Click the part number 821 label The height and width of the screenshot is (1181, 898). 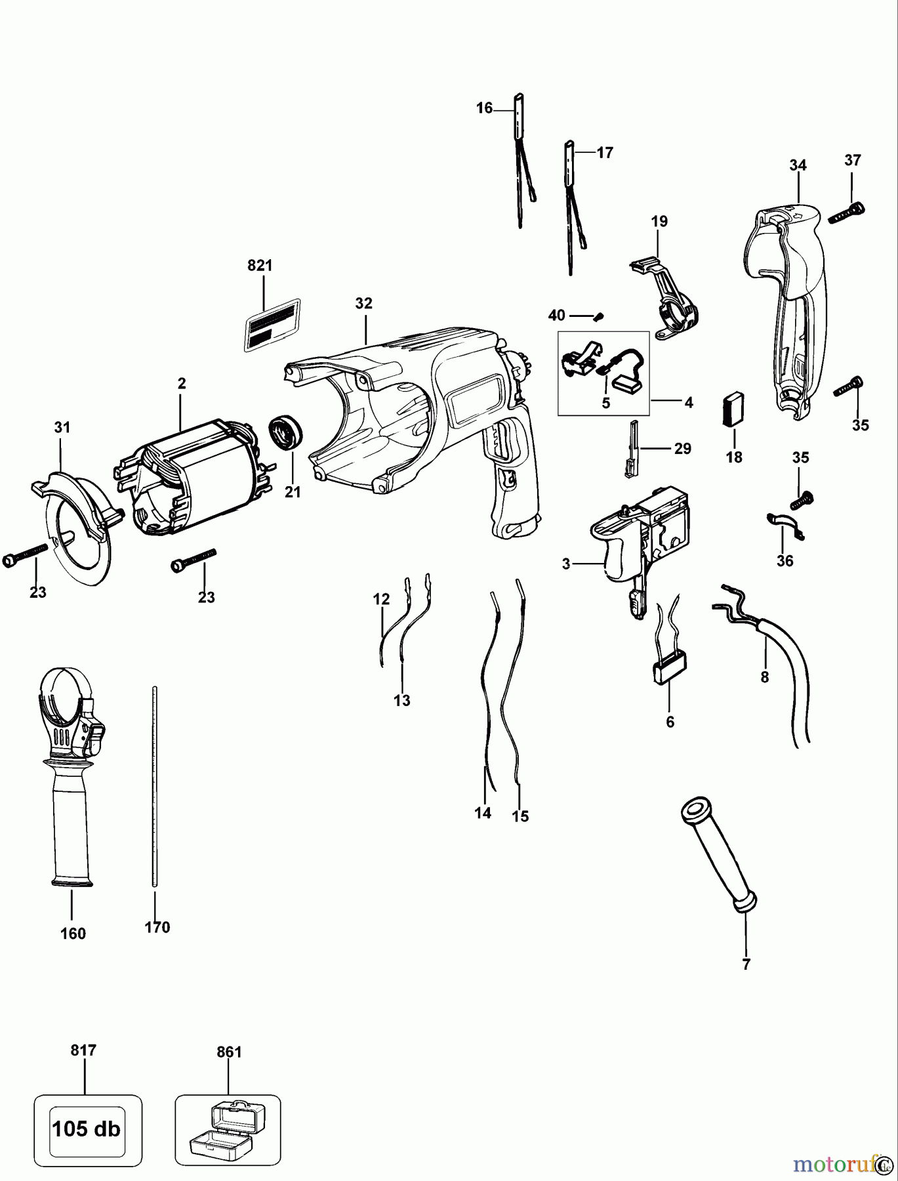[x=260, y=266]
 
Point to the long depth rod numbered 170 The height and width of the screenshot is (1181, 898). [x=155, y=787]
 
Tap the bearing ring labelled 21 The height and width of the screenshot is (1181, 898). [x=286, y=434]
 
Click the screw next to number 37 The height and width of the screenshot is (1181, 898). [x=846, y=213]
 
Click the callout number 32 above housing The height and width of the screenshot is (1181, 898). [x=363, y=303]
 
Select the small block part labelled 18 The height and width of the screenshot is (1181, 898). [x=733, y=409]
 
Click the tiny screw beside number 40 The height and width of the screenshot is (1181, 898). [x=598, y=317]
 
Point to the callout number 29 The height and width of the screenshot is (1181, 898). [x=682, y=449]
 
